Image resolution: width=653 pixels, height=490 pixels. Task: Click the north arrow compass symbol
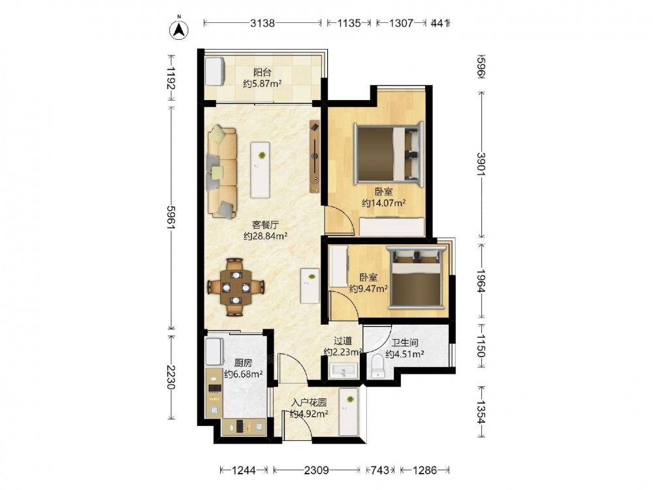[179, 29]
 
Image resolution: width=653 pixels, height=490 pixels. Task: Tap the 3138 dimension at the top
[263, 23]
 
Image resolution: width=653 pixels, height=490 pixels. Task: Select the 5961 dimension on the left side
[170, 217]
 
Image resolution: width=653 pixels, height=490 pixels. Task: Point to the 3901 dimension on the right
[481, 164]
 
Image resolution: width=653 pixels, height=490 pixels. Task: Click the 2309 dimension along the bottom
[317, 470]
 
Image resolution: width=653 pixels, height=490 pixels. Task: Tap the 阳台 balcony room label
[263, 72]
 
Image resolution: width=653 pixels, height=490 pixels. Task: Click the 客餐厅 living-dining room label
[265, 225]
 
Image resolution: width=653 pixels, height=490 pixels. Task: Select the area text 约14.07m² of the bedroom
[383, 203]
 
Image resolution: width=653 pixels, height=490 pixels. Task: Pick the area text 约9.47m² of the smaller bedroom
[368, 288]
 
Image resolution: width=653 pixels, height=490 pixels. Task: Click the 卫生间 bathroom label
[404, 343]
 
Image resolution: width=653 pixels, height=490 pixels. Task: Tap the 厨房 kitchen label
[243, 363]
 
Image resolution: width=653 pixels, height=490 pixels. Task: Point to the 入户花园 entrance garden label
[309, 402]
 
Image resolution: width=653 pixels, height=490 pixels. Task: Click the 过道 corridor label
[343, 341]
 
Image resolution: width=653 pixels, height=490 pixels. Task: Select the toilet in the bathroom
[377, 367]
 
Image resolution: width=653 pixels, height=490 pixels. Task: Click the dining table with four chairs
[236, 287]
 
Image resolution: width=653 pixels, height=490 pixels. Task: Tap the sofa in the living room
[222, 172]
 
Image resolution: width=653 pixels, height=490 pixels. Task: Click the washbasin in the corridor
[343, 370]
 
